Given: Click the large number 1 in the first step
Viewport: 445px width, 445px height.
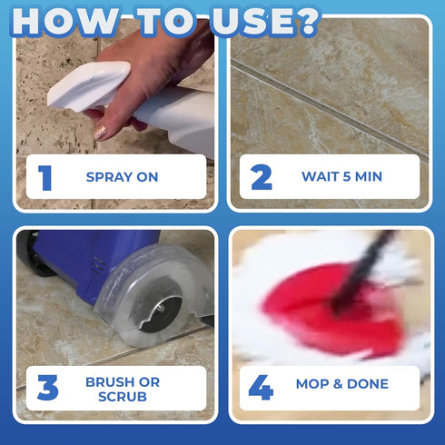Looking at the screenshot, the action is coord(45,178).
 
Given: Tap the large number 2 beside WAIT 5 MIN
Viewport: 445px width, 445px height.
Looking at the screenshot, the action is coord(262,177).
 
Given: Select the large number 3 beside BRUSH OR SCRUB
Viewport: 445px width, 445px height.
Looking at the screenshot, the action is coord(48,388).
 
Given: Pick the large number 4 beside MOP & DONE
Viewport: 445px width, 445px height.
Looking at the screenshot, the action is coord(261,388).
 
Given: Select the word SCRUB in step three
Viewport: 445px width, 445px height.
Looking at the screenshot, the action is coord(123,397).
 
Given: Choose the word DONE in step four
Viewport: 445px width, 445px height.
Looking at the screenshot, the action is coord(368,384).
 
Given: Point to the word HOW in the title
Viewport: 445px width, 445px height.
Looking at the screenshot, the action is coord(64,21).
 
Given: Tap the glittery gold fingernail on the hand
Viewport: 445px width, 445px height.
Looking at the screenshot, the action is coord(100,133).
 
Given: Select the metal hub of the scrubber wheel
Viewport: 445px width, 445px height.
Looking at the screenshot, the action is coord(160,310).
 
